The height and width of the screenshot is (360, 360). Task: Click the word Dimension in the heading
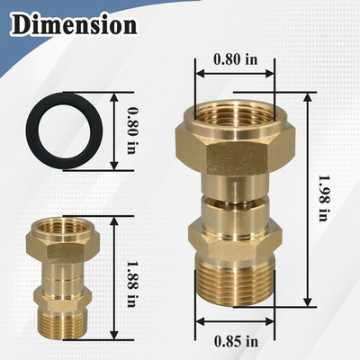pos(75,24)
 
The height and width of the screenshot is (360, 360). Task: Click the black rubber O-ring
pos(36,131)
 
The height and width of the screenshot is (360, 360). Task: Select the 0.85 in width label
pos(236,341)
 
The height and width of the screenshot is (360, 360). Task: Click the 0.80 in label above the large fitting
pos(236,59)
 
